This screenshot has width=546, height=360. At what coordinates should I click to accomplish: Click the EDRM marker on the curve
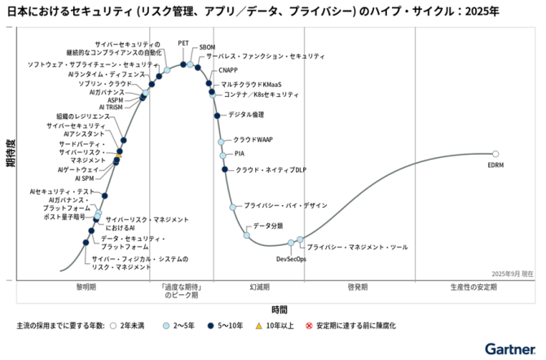coord(495,153)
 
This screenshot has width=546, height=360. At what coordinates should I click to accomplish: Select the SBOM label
coord(207,47)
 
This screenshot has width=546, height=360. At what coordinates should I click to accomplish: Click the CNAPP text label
coord(229,71)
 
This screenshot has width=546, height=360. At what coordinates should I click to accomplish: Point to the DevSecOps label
coord(291,259)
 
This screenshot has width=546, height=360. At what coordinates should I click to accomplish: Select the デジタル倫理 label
coord(246,115)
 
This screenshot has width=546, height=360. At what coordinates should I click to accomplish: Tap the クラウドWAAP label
coord(253,140)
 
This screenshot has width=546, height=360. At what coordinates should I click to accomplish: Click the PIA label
coord(240,153)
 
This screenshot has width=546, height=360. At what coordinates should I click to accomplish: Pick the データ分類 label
coord(268,225)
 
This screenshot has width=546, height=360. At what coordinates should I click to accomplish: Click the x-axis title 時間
coord(280,310)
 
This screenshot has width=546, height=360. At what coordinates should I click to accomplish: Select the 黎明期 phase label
coord(86,288)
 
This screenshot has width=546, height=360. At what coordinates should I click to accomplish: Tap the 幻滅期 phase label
coord(261,288)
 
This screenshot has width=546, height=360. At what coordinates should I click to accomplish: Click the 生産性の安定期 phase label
coord(473,288)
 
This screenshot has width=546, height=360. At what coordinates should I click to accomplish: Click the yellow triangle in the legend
coord(258,326)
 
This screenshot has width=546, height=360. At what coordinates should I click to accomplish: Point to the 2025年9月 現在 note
coord(513,274)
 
